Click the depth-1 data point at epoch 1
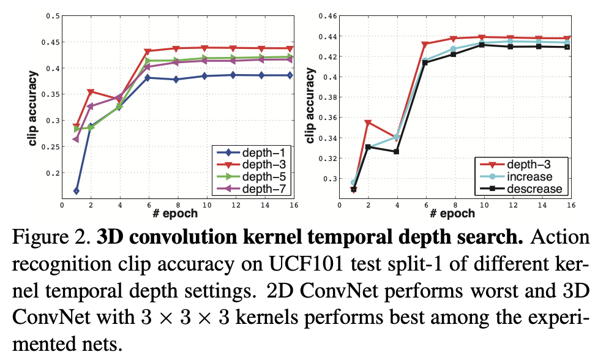click(77, 191)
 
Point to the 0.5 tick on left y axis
click(53, 16)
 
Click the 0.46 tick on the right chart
click(331, 16)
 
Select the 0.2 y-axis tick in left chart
click(53, 173)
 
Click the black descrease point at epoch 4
click(397, 152)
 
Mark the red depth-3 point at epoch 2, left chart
click(91, 92)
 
